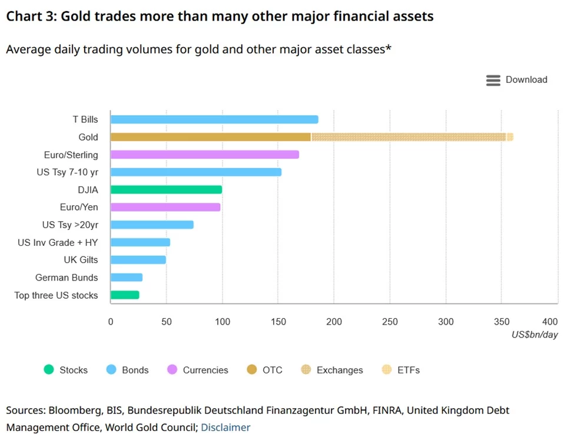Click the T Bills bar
214,119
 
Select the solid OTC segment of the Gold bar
211,137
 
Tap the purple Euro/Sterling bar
205,155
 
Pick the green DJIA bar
166,189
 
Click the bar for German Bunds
127,278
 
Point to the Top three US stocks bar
125,295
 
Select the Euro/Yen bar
165,207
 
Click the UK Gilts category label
81,260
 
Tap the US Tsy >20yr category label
70,225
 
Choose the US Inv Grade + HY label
58,242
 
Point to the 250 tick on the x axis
390,322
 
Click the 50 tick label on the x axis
166,322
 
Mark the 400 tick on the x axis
550,322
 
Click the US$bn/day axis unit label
535,334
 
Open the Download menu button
516,80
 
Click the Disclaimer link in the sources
225,428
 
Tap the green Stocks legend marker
49,370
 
